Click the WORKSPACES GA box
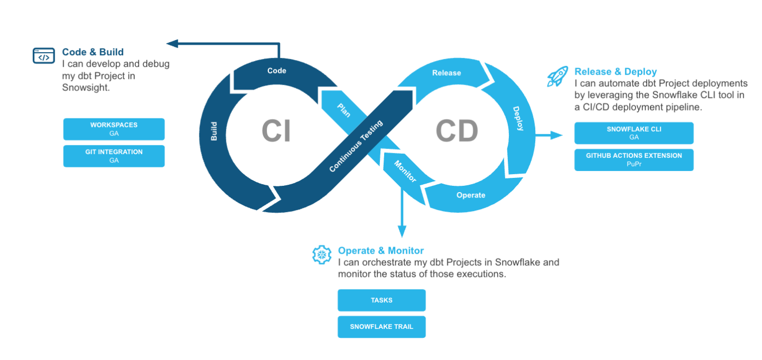click(x=114, y=129)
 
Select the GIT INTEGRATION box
click(x=114, y=156)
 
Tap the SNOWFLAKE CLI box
click(x=634, y=133)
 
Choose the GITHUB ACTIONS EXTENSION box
click(x=634, y=159)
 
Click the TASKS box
click(x=382, y=300)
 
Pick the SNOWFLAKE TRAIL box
click(x=382, y=327)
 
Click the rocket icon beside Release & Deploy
click(x=557, y=76)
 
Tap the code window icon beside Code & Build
click(x=44, y=55)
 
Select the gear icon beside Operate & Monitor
click(x=322, y=255)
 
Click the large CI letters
click(x=276, y=131)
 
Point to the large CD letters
click(x=457, y=131)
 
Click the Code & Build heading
click(x=93, y=52)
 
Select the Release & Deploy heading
click(x=616, y=72)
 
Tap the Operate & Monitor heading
click(x=381, y=251)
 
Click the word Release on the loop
click(x=446, y=73)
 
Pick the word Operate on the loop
click(x=470, y=195)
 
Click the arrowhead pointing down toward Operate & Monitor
click(x=403, y=231)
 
